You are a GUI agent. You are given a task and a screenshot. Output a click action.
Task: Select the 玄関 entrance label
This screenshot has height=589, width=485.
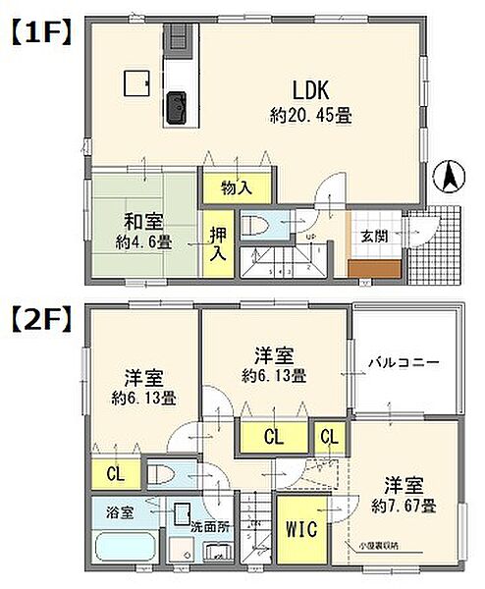pyautogui.click(x=373, y=237)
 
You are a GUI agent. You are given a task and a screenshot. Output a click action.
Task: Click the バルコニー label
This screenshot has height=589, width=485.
pyautogui.click(x=404, y=362)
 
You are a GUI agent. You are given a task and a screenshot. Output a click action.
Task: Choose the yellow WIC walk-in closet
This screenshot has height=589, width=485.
pyautogui.click(x=301, y=530)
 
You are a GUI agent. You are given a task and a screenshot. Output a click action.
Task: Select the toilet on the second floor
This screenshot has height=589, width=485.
pyautogui.click(x=171, y=475)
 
